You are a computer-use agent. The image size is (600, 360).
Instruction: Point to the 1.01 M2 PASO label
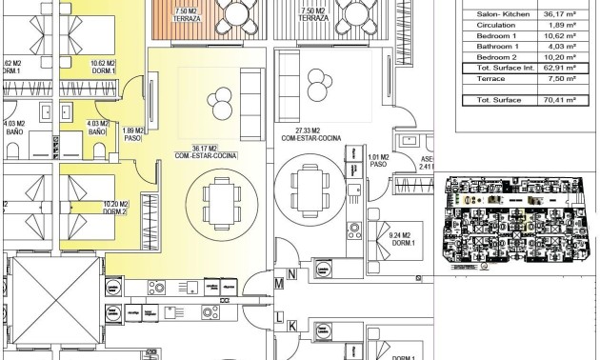tap(377, 160)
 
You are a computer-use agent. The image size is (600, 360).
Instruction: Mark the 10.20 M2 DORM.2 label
tap(111, 206)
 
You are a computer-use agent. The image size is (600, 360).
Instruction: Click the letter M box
tap(280, 283)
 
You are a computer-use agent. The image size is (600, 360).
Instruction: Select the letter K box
tap(293, 326)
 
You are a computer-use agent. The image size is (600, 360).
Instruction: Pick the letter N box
tap(293, 275)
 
